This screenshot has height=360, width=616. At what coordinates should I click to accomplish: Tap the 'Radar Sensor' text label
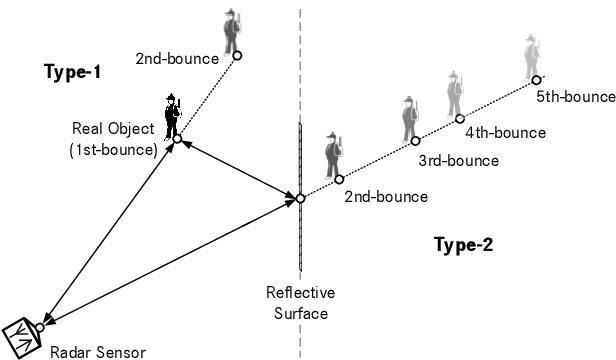[x=97, y=351]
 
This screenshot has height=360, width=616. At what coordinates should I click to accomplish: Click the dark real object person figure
[x=173, y=115]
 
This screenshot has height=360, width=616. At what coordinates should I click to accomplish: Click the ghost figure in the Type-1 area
[x=233, y=31]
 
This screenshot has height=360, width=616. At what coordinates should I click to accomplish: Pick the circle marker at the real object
[x=175, y=140]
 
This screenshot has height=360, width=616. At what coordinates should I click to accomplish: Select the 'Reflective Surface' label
[x=300, y=302]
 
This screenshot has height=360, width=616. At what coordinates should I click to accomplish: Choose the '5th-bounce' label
[x=574, y=97]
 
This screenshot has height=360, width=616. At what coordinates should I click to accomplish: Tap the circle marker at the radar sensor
[x=40, y=325]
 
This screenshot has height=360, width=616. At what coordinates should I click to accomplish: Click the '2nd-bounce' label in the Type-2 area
[x=385, y=197]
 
